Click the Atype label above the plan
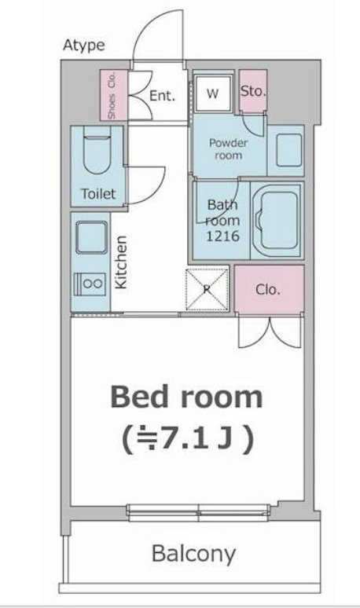click(x=84, y=46)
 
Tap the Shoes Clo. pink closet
click(x=114, y=95)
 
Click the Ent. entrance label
click(x=163, y=95)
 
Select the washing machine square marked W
click(x=213, y=93)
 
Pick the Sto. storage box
click(x=253, y=91)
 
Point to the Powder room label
click(x=228, y=149)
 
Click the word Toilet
click(x=98, y=193)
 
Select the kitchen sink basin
click(x=91, y=237)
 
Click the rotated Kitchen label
click(x=121, y=262)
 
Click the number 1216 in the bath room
click(x=222, y=236)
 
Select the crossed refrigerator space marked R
click(x=207, y=289)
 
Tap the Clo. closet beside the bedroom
click(x=270, y=289)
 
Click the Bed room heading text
click(x=186, y=397)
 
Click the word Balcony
click(x=193, y=554)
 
